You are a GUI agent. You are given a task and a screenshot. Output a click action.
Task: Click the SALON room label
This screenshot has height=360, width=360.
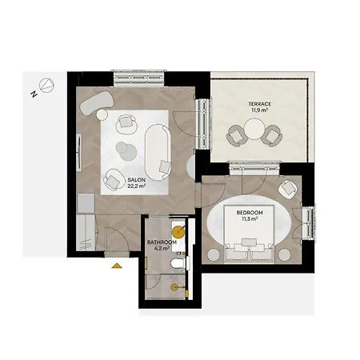(136, 180)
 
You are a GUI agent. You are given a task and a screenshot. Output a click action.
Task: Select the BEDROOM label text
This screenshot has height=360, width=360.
(250, 213)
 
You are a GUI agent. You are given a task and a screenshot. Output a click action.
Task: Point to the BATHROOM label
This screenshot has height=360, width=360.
(162, 242)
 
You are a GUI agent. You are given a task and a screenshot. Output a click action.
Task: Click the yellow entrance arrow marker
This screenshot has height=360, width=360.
(117, 266)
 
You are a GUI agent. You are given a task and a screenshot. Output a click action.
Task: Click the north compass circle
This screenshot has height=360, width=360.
(46, 86)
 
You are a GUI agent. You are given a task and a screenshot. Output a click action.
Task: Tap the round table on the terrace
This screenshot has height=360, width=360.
(254, 129)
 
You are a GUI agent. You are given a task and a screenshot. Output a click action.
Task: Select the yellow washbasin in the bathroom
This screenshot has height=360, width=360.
(178, 231)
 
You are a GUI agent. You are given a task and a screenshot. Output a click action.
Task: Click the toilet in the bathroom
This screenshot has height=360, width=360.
(178, 264)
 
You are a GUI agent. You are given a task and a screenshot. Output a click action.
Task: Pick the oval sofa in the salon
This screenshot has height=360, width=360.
(158, 152)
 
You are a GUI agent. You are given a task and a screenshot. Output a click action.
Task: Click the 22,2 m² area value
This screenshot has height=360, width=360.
(136, 186)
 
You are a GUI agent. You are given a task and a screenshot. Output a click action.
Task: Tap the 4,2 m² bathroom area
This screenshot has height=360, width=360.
(162, 249)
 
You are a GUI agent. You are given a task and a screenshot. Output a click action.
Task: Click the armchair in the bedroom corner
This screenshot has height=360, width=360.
(287, 189)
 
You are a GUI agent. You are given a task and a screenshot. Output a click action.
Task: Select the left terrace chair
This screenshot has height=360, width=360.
(235, 135)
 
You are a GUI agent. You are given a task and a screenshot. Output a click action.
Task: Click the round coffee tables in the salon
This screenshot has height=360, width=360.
(126, 150)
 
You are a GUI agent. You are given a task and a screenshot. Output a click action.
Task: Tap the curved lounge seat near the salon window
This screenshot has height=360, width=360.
(97, 103)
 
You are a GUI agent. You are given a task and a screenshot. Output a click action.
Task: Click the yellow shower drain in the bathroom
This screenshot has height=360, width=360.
(174, 287)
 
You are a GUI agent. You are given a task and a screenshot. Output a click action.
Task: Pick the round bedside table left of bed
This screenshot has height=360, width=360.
(214, 254)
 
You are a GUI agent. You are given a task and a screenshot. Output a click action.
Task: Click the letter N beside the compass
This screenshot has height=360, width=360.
(34, 94)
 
